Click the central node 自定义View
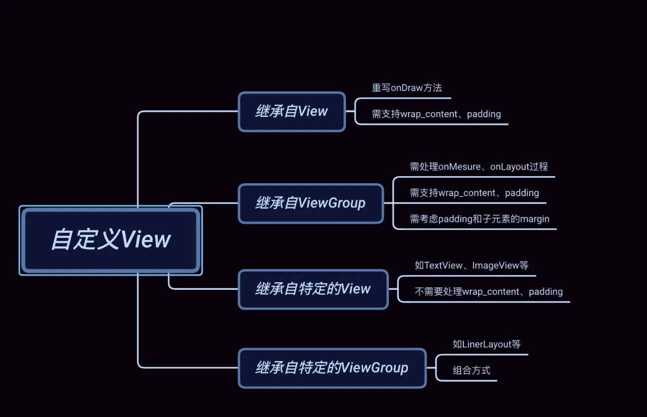point(111,240)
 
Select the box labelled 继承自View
point(292,112)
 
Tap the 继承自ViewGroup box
point(311,204)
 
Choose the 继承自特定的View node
point(313,289)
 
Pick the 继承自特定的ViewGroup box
point(332,368)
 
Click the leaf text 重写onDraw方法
point(407,88)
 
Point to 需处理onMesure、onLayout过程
point(479,167)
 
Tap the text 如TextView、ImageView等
point(471,265)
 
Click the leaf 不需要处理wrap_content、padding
point(488,292)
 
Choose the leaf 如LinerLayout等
point(487,344)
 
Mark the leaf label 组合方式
point(471,371)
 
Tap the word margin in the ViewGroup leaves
point(535,219)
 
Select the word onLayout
point(509,167)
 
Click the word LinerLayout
point(487,344)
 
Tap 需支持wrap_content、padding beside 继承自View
point(436,114)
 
